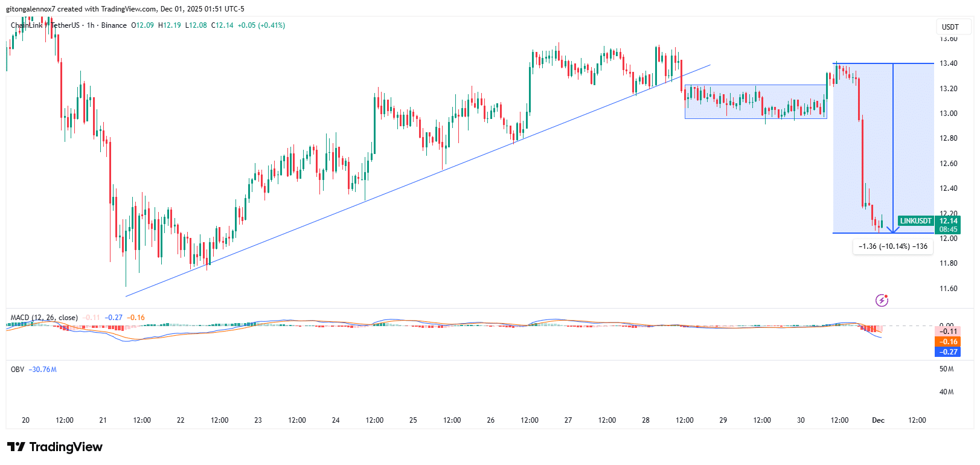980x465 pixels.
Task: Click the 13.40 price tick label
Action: [948, 63]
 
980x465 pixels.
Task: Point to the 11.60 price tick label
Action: [948, 289]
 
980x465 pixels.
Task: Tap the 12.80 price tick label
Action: [948, 138]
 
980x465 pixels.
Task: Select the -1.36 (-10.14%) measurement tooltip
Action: [893, 246]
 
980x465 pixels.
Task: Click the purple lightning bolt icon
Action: [882, 300]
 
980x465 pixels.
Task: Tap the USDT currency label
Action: [950, 27]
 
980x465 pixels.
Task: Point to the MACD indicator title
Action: [44, 318]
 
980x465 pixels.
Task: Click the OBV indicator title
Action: [18, 370]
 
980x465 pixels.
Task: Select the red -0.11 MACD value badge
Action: [947, 332]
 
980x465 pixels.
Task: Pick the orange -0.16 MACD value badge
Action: [947, 342]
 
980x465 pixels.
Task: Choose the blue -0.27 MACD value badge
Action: [947, 352]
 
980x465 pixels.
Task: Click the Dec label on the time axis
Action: [878, 420]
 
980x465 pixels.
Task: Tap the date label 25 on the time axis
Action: [413, 420]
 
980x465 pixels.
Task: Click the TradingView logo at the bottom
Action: [55, 447]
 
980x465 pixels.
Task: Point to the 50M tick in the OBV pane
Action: [946, 369]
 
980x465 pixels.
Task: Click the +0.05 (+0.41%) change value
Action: [261, 25]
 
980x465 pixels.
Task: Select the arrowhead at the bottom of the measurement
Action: [892, 230]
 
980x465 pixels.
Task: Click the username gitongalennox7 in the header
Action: [30, 9]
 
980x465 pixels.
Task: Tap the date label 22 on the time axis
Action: [181, 420]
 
